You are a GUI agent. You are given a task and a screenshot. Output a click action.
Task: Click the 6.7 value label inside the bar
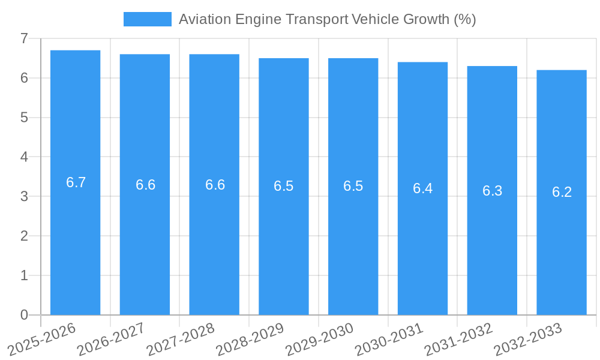click(76, 183)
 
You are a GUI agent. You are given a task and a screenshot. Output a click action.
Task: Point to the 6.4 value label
click(422, 188)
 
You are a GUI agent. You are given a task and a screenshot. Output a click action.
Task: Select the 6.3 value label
click(492, 191)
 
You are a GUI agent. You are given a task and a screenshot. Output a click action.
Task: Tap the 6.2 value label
click(562, 192)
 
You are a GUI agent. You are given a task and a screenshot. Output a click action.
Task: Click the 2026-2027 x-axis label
click(111, 339)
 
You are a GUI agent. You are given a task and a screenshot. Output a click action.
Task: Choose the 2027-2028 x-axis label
click(181, 339)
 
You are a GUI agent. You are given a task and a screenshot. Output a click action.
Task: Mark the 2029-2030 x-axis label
click(319, 339)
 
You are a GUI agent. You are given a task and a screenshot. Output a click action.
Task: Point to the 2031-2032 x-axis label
click(458, 339)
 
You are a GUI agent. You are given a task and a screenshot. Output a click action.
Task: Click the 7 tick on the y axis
click(24, 38)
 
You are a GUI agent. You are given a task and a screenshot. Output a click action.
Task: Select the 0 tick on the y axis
click(24, 315)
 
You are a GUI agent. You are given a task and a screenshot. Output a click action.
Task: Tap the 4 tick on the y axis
click(24, 157)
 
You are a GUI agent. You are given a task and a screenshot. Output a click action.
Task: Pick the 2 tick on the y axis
click(24, 236)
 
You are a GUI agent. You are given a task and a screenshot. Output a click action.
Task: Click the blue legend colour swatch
click(147, 19)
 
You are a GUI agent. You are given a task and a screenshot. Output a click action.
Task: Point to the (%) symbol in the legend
click(465, 19)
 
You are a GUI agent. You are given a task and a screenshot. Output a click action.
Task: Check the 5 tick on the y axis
click(24, 118)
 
